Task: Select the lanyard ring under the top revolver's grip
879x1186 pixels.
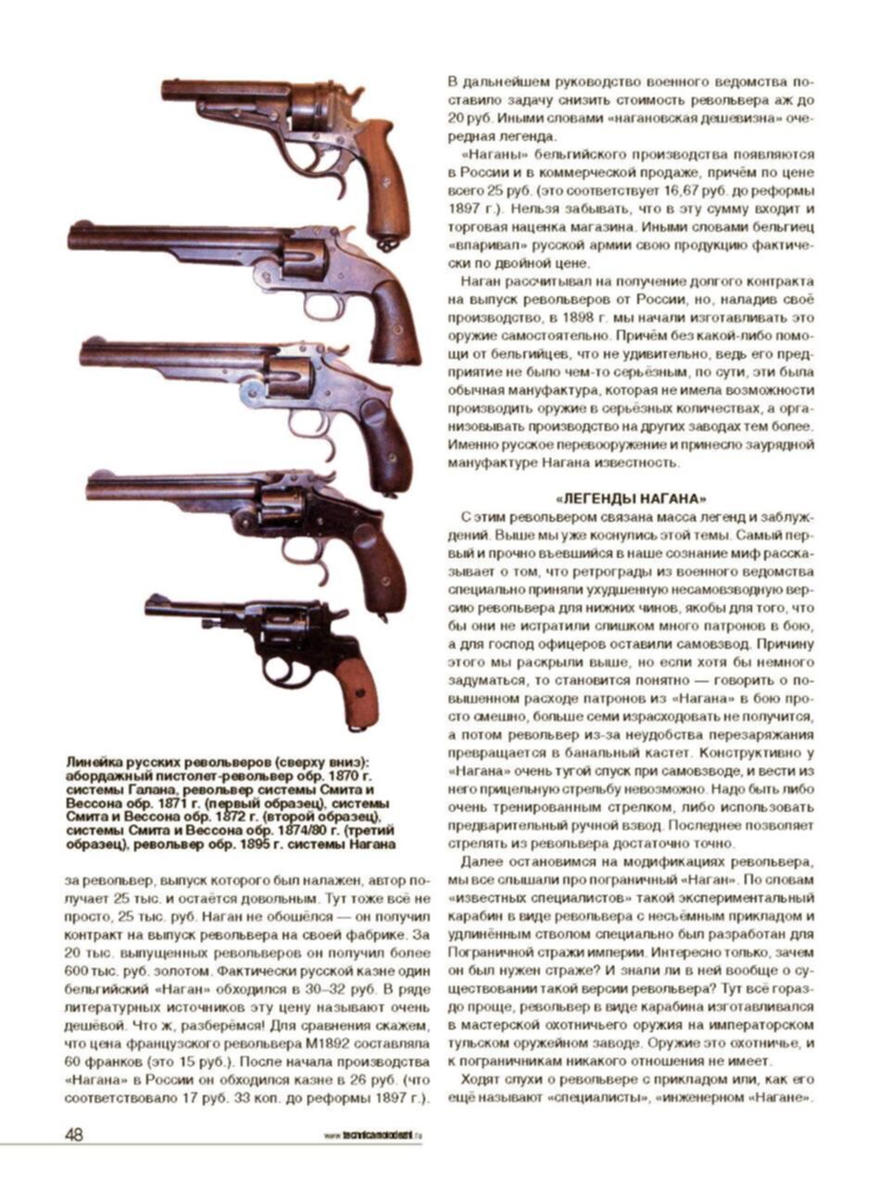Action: (386, 244)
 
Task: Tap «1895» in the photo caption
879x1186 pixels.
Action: (276, 845)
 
